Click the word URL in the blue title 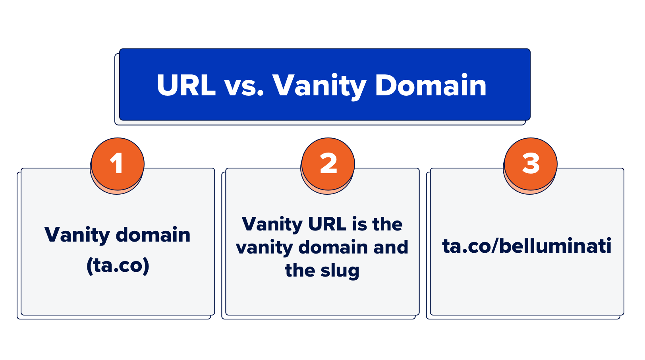tap(186, 85)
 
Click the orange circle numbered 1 tap(118, 164)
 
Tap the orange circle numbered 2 tap(328, 164)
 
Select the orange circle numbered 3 tap(531, 164)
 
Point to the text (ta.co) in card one tap(118, 265)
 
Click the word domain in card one tap(153, 235)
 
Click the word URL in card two tap(327, 224)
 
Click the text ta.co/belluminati tap(527, 246)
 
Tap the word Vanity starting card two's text tap(272, 225)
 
